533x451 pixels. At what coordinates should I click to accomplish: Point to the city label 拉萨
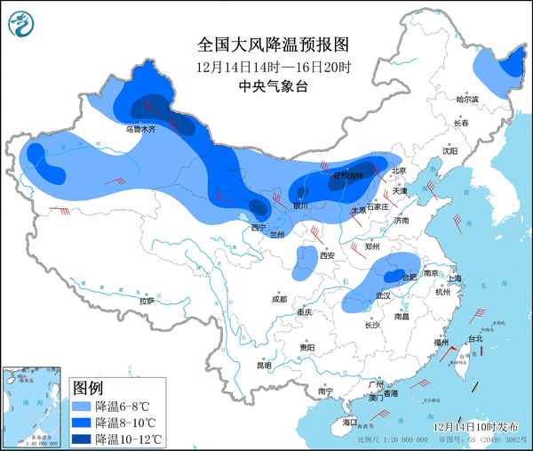pos(147,301)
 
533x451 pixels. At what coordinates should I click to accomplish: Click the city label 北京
pos(398,171)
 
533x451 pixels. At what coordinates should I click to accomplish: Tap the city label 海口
pos(350,422)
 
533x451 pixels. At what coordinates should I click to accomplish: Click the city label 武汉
pos(384,294)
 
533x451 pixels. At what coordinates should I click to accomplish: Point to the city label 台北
pos(474,338)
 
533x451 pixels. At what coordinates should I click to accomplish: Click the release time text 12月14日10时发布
pos(478,427)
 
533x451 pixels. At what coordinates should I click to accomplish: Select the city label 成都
pos(280,298)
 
